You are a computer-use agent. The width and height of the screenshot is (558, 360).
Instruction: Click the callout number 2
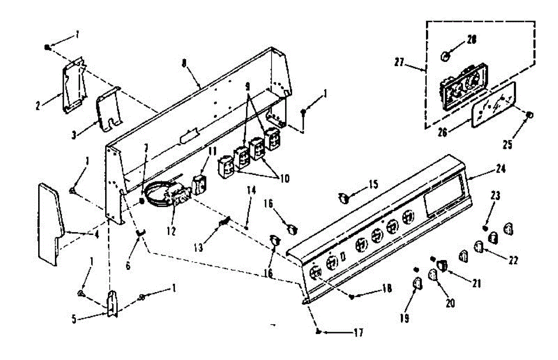[x=38, y=106]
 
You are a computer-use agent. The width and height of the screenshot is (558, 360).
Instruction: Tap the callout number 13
[x=199, y=247]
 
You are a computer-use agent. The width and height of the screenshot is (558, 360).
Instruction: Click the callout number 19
[x=404, y=318]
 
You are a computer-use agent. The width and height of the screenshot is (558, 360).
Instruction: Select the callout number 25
[x=507, y=145]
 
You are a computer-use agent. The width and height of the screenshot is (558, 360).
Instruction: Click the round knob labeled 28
[x=445, y=56]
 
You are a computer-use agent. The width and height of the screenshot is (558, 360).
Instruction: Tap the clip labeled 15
[x=344, y=199]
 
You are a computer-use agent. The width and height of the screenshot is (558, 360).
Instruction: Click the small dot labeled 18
[x=352, y=296]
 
